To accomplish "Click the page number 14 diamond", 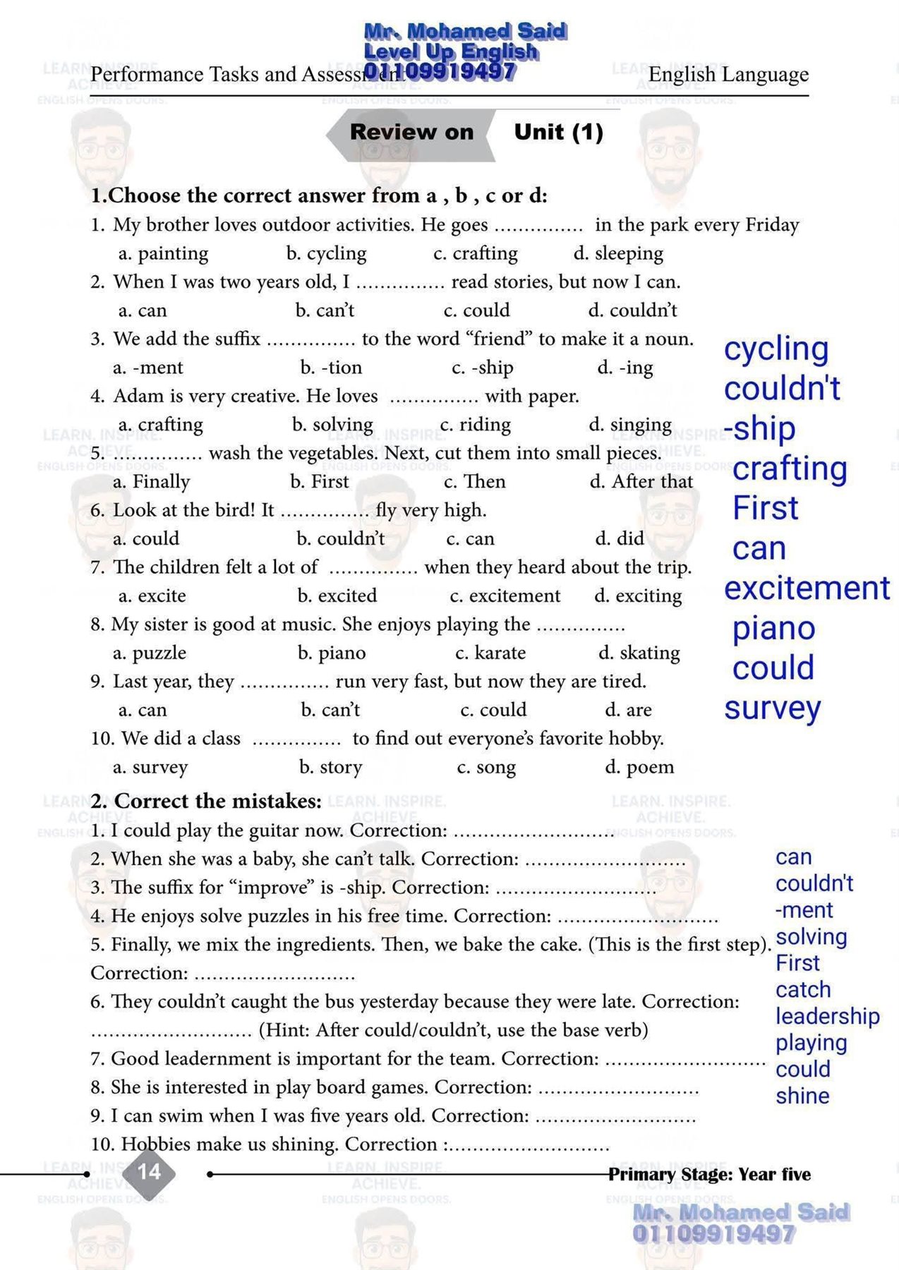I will click(x=150, y=1173).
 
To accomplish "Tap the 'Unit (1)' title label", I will click(x=558, y=132).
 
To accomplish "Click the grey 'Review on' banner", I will click(x=411, y=132).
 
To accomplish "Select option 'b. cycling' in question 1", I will click(x=327, y=253).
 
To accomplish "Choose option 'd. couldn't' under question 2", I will click(x=633, y=310).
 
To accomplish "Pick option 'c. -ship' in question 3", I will click(x=483, y=368).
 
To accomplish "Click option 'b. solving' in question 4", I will click(x=332, y=425).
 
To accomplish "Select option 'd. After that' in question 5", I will click(x=641, y=482).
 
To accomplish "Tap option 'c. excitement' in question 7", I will click(x=505, y=596).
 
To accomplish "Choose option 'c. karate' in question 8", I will click(x=490, y=653).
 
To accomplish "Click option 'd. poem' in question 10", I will click(x=639, y=767).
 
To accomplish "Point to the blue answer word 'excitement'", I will click(x=807, y=588).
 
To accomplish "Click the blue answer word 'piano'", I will click(x=773, y=629).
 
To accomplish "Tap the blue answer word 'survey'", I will click(x=772, y=708).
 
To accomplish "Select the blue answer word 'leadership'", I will click(x=827, y=1016).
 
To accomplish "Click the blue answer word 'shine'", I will click(x=802, y=1096).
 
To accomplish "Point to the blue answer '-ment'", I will click(x=804, y=910).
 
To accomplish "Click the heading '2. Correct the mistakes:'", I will click(x=206, y=802).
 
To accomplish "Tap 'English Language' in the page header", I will click(x=728, y=75).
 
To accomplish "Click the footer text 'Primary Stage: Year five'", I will click(x=709, y=1175).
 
